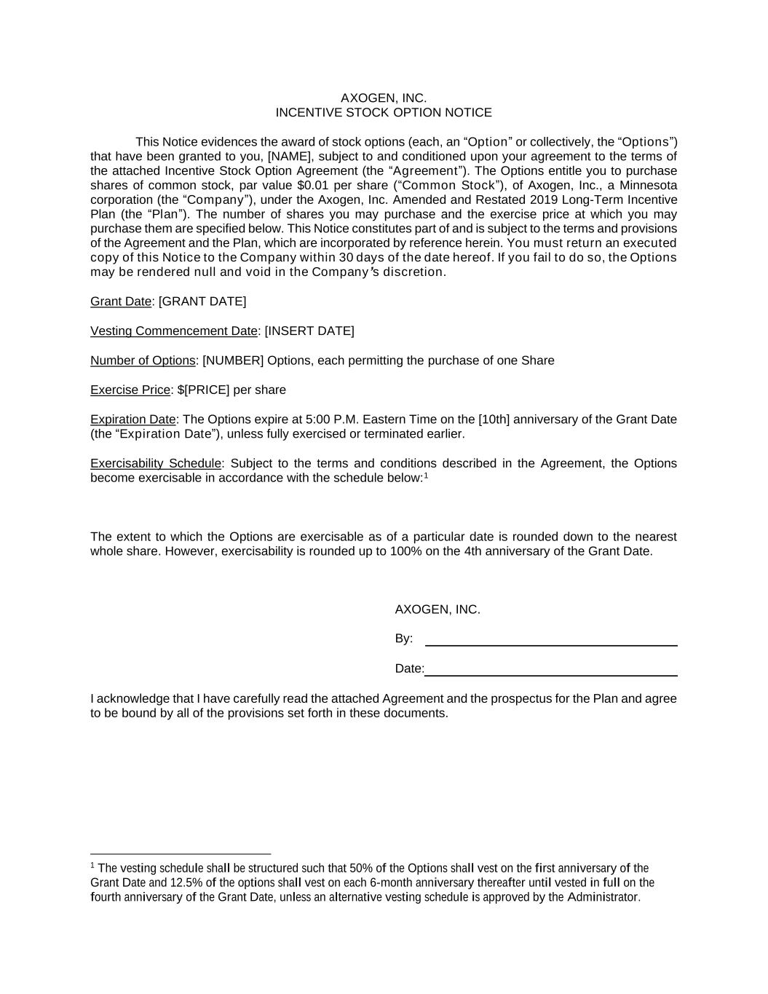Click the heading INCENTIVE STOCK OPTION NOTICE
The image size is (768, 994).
(x=384, y=113)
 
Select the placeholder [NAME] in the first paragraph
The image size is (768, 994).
(x=290, y=157)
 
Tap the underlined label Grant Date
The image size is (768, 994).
(x=121, y=301)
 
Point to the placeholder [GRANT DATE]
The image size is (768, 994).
(x=202, y=301)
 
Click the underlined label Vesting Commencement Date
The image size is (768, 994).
(x=174, y=331)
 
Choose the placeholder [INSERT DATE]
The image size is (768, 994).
(x=309, y=331)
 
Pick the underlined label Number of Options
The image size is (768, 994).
(x=143, y=361)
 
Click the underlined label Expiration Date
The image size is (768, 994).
(x=133, y=419)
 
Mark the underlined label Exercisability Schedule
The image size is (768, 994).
(x=156, y=464)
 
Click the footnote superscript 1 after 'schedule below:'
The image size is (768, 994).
(x=426, y=476)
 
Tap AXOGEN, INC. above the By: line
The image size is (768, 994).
(x=438, y=610)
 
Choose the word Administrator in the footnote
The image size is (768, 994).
(x=603, y=897)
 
